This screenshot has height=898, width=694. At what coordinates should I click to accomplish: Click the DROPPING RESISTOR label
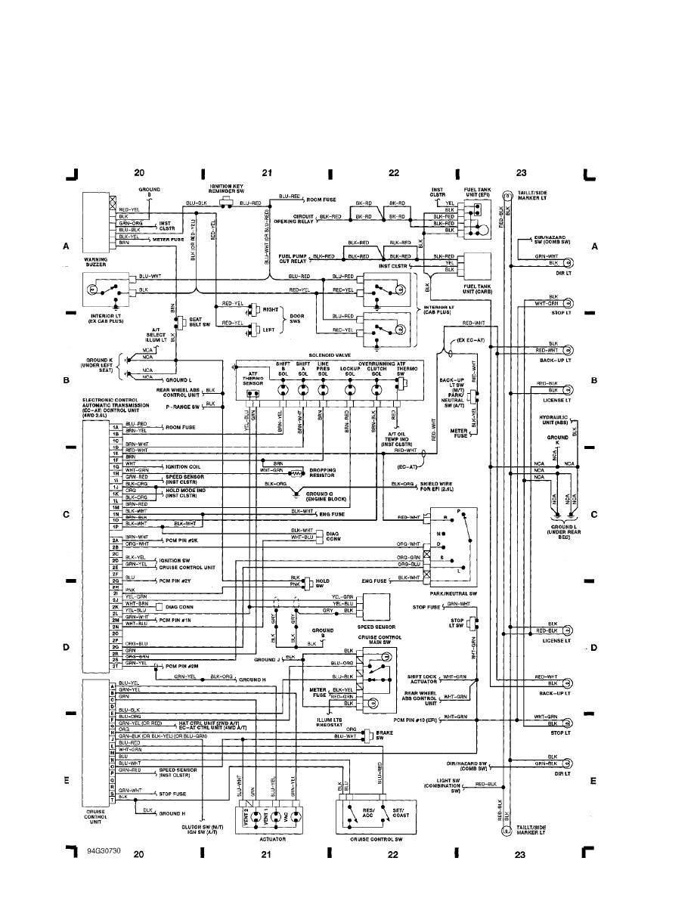323,473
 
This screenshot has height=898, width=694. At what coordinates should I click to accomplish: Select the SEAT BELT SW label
200,322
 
